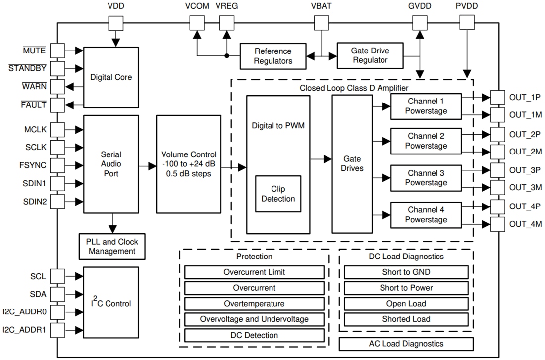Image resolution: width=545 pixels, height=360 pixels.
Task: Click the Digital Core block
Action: point(111,77)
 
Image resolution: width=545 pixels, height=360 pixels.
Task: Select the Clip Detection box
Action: point(278,194)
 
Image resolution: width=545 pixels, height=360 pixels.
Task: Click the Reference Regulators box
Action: point(273,56)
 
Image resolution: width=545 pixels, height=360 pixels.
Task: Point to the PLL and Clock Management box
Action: point(112,247)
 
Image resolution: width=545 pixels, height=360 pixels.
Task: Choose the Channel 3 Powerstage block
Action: point(426,178)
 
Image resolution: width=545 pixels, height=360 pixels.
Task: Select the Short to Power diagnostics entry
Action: point(406,288)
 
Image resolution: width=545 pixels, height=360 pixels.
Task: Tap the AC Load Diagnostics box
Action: point(406,344)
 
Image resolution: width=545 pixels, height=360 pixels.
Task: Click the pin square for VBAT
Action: point(322,23)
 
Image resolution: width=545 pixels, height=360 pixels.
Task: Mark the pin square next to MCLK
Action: point(58,129)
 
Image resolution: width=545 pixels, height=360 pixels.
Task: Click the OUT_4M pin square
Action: point(497,224)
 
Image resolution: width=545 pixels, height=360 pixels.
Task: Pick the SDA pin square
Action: point(58,294)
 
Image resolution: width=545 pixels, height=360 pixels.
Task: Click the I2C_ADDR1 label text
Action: point(25,329)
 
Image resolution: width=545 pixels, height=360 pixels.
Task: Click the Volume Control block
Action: point(188,164)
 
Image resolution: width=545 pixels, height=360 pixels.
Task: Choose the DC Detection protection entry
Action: point(254,335)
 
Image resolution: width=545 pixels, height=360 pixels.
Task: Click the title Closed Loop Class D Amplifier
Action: point(353,88)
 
